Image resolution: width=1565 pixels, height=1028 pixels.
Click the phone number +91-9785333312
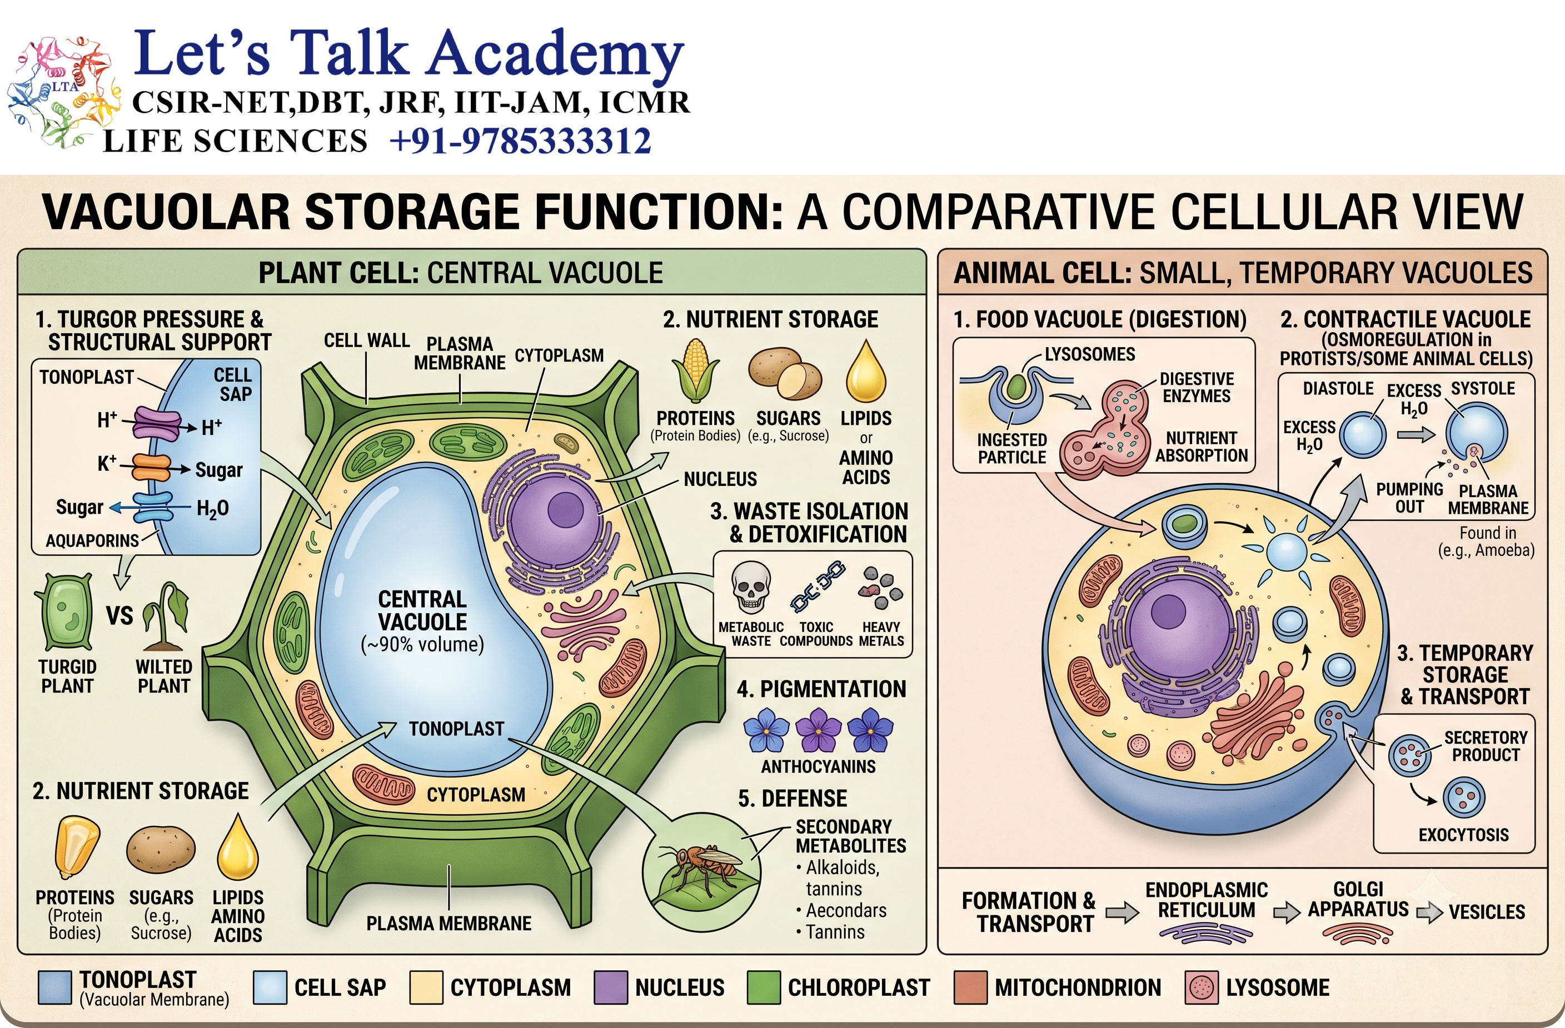[520, 141]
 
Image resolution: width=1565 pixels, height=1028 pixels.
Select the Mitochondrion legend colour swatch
[970, 988]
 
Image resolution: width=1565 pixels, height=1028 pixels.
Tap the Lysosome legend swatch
[1202, 988]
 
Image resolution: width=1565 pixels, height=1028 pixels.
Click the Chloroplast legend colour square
[764, 988]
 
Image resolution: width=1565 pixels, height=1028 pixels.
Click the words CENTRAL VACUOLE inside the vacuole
[422, 610]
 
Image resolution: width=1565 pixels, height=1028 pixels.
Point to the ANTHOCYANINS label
[819, 766]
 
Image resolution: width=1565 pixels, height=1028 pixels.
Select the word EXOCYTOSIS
[1464, 835]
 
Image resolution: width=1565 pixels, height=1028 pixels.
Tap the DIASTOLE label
[1338, 388]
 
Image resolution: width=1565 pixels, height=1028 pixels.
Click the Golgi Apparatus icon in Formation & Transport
[1358, 934]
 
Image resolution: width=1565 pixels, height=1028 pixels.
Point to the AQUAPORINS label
[92, 541]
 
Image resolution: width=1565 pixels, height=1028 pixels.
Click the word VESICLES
[1487, 912]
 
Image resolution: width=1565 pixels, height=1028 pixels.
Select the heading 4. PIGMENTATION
[821, 689]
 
